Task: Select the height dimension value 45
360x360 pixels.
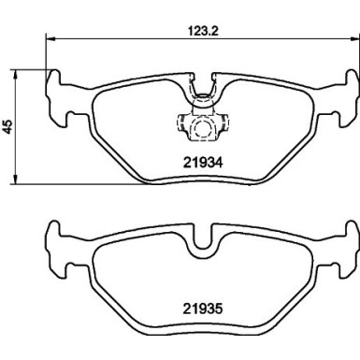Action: coord(8,128)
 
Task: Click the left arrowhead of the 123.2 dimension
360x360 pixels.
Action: coord(49,37)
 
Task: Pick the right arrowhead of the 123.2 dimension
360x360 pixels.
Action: coord(352,37)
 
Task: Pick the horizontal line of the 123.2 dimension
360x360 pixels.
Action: coord(122,37)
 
